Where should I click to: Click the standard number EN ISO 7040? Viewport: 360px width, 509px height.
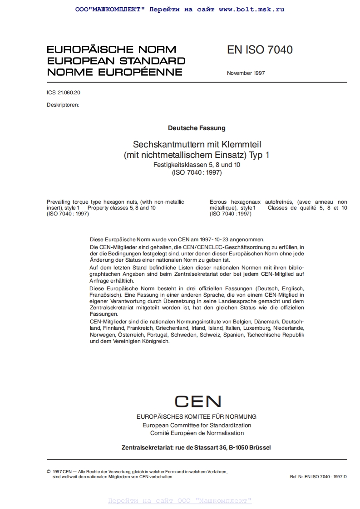tap(260, 50)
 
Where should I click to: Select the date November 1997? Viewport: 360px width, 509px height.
tap(246, 73)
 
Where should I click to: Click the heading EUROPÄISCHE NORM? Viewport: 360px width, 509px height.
tap(112, 49)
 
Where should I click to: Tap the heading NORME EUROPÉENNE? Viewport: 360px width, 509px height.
tap(114, 72)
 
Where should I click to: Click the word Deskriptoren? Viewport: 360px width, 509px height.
tap(63, 105)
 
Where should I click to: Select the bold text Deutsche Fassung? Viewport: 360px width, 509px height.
tap(197, 128)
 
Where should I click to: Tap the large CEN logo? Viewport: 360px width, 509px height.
tap(197, 401)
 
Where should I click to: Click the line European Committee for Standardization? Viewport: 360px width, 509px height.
tap(197, 425)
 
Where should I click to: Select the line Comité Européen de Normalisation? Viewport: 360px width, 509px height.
tap(197, 433)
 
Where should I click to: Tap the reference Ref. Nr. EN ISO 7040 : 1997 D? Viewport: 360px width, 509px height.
tap(318, 477)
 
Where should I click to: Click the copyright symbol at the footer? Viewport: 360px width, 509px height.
tap(49, 472)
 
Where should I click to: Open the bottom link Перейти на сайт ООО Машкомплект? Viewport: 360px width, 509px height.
tap(180, 501)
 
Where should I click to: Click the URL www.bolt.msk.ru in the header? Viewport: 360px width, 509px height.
tap(251, 9)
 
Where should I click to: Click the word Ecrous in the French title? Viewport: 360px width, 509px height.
tap(219, 202)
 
